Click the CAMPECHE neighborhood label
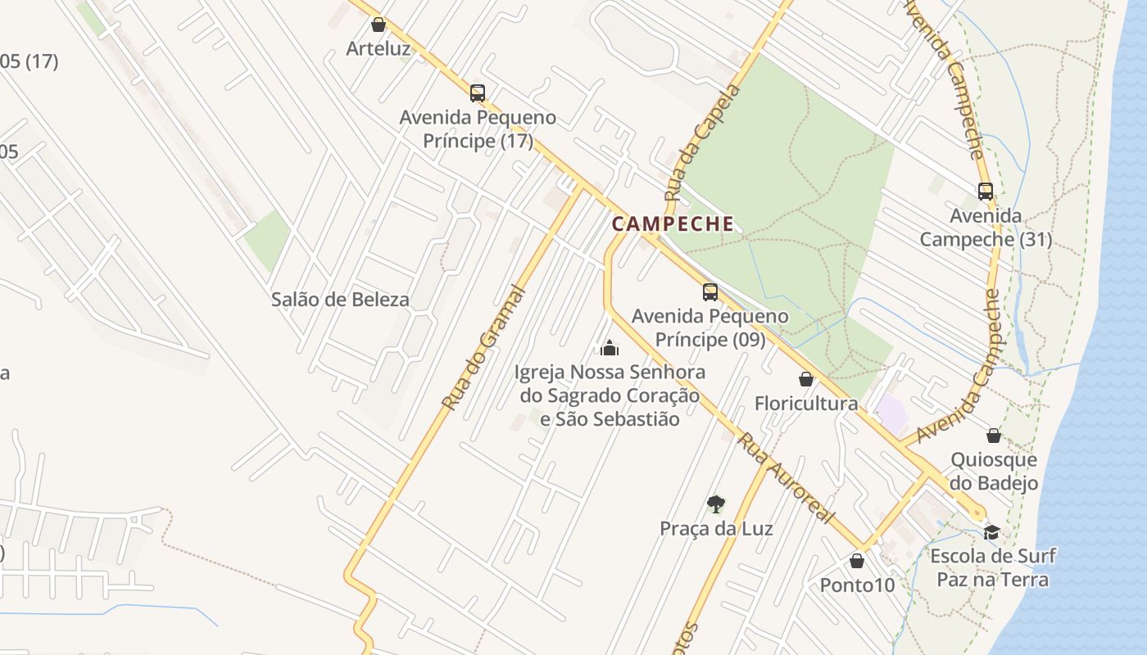coord(673,224)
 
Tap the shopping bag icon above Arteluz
coord(379,25)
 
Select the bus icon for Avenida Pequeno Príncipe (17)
coord(478,93)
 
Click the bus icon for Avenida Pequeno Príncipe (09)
coord(710,291)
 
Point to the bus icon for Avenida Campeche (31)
coord(986,191)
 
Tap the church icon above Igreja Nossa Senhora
coord(609,349)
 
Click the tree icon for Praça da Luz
coord(716,504)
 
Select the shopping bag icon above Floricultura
coord(806,379)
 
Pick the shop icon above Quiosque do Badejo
coord(994,435)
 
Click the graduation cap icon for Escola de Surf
coord(991,532)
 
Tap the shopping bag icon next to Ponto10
coord(857,561)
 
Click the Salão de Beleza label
coord(340,300)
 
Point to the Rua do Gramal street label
coord(483,347)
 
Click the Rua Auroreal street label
coord(785,479)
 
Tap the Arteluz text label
coord(378,48)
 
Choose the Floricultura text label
coord(806,403)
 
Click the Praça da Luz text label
coord(716,528)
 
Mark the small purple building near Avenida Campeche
coord(891,413)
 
